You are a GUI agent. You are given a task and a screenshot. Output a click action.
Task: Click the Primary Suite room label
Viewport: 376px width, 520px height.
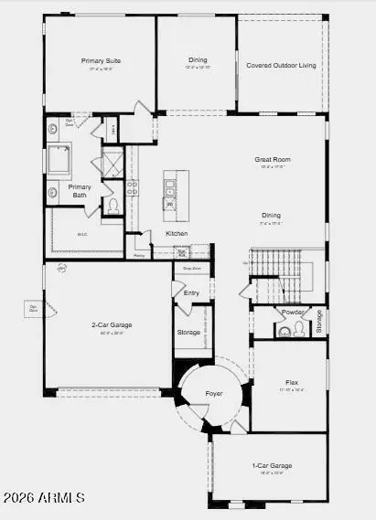101,60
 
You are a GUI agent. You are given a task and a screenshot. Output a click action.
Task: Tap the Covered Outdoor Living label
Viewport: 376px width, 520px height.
281,65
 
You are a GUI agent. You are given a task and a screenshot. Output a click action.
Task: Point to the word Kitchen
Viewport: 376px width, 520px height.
177,233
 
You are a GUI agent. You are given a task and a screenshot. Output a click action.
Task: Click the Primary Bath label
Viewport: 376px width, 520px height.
80,190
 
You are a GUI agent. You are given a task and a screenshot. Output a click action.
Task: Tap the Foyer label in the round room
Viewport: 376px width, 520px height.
213,394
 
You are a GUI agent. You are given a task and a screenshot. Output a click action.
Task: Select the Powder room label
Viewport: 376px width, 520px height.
293,312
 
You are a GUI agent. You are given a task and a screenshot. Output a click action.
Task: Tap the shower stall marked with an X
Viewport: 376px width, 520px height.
113,164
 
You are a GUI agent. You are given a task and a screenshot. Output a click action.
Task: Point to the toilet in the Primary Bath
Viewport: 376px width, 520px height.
113,206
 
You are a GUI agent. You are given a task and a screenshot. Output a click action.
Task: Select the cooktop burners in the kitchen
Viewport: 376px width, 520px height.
133,187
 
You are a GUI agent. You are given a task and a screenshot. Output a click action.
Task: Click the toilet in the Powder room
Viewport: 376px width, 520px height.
298,328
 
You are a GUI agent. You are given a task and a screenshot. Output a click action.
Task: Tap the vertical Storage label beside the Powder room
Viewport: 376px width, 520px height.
319,322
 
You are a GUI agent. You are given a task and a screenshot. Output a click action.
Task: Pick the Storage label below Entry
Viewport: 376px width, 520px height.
188,332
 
